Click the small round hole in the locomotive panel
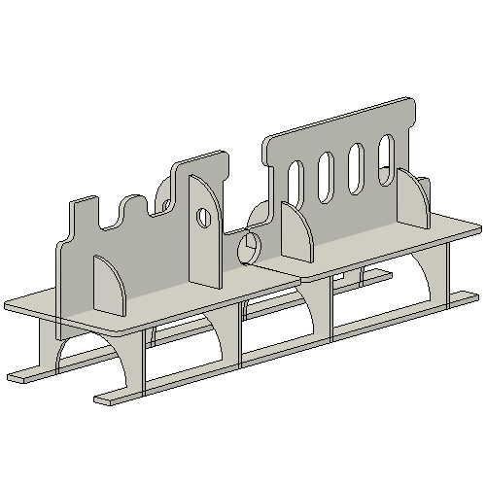tap(204, 217)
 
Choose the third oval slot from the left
tap(356, 163)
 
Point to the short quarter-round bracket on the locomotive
tap(110, 285)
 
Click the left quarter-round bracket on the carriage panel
tap(296, 235)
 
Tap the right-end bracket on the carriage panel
tap(413, 200)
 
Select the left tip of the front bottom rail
tap(102, 398)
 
